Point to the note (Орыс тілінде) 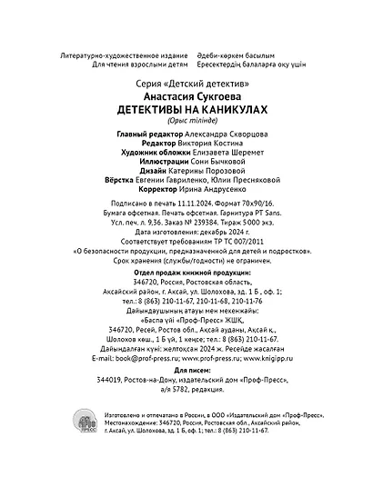click(x=187, y=120)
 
